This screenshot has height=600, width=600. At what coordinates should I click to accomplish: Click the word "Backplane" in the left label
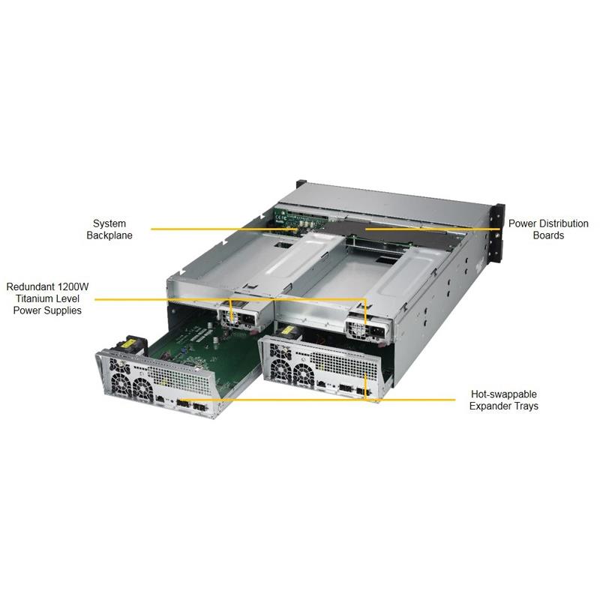109,235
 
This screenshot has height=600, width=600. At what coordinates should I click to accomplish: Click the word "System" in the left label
109,223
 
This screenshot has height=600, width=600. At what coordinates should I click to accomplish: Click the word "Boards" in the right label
548,235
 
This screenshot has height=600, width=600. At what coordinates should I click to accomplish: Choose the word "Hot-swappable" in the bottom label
503,394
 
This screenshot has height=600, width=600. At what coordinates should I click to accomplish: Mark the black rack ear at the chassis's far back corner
301,187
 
